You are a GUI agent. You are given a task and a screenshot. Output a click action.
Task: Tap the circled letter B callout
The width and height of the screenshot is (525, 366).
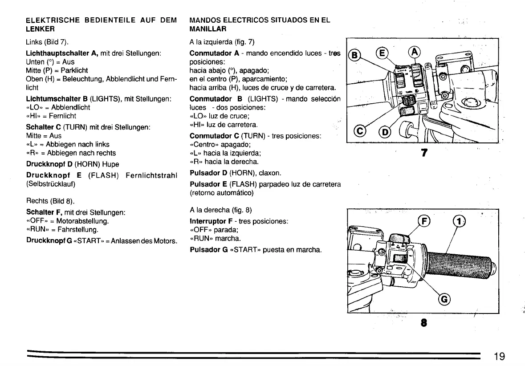354,55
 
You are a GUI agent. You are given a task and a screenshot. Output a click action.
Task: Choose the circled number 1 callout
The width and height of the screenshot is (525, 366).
458,221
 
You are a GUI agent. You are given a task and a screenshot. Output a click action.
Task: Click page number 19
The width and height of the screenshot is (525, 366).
499,356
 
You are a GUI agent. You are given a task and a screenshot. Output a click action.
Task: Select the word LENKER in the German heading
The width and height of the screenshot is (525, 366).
40,29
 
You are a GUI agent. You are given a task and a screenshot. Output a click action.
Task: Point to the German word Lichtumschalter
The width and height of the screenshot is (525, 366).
54,98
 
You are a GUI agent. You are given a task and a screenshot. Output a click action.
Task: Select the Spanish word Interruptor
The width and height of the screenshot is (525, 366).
208,221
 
